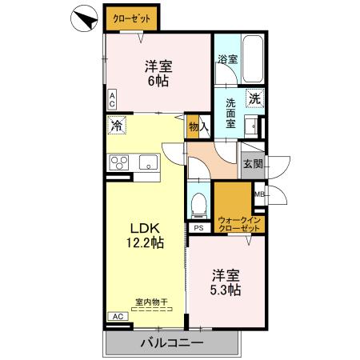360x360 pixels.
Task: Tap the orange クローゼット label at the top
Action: pyautogui.click(x=131, y=18)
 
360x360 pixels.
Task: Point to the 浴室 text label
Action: pyautogui.click(x=227, y=59)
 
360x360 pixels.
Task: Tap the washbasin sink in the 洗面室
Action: pyautogui.click(x=255, y=126)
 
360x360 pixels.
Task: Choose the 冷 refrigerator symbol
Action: pyautogui.click(x=117, y=126)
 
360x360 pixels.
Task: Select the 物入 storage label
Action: pyautogui.click(x=198, y=126)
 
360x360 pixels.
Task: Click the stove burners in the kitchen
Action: pyautogui.click(x=120, y=163)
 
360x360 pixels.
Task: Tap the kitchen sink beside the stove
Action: pyautogui.click(x=150, y=163)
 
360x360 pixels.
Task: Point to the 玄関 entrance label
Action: pyautogui.click(x=252, y=163)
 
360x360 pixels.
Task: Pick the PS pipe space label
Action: pyautogui.click(x=198, y=228)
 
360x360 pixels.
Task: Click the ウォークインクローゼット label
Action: pyautogui.click(x=241, y=224)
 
